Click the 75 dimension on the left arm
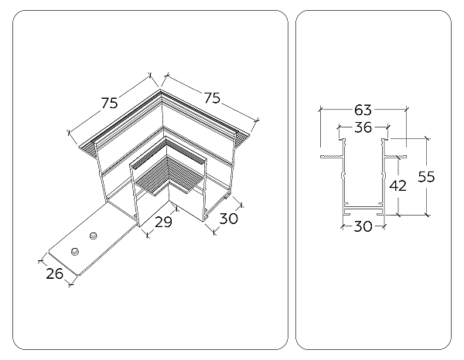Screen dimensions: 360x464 [109, 103]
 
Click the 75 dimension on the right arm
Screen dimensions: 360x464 [211, 97]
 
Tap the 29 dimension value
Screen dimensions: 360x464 [162, 222]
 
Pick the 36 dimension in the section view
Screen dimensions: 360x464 [362, 128]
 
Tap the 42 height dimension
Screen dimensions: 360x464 [397, 185]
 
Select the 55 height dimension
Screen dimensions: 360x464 [425, 176]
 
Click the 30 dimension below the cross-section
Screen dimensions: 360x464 [363, 226]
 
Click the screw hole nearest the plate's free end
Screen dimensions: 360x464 [76, 251]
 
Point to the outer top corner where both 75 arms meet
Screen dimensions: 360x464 [160, 91]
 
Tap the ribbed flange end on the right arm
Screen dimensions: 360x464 [242, 138]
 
